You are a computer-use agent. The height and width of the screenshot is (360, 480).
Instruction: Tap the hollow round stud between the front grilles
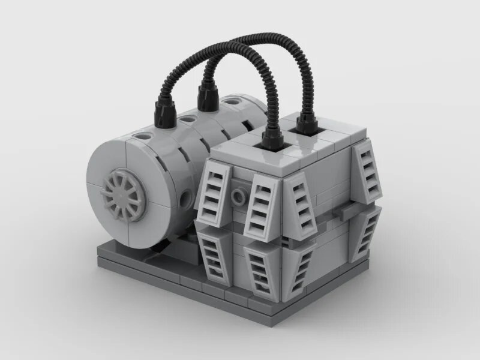(x=241, y=196)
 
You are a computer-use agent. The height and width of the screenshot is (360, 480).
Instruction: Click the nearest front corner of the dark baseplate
(x=263, y=311)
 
